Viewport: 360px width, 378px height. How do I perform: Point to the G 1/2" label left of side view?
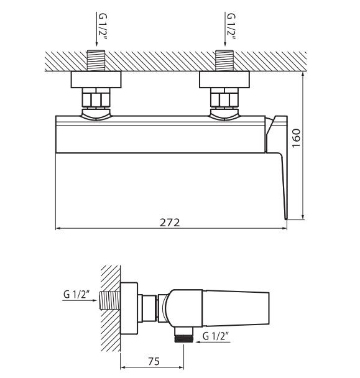tap(78, 295)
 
